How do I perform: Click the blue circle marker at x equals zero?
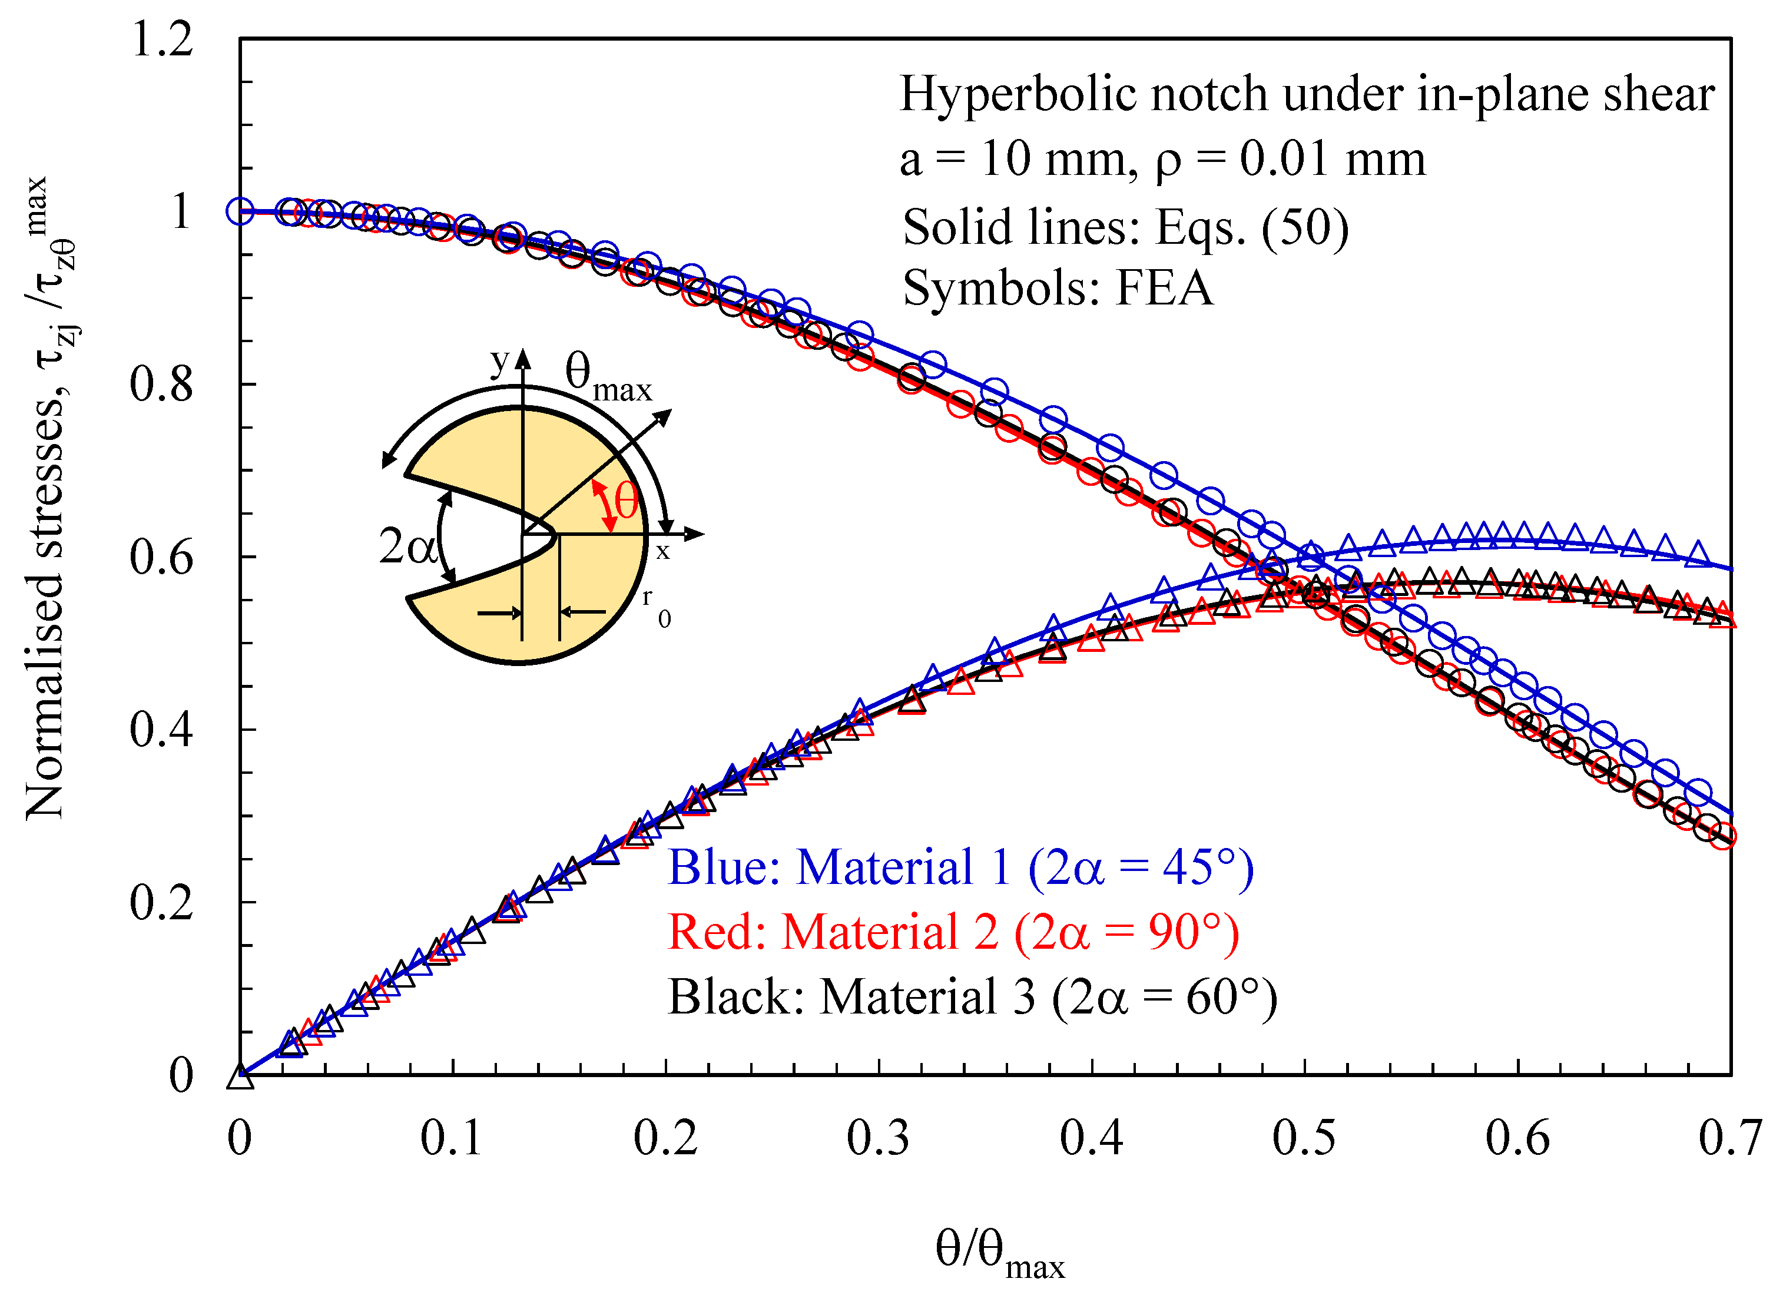click(240, 211)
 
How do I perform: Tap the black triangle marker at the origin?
click(240, 1078)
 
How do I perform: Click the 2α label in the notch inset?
click(407, 547)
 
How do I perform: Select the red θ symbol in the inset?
click(625, 502)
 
